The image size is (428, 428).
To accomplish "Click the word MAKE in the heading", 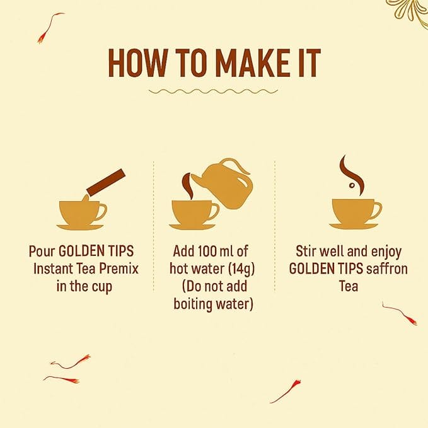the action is [x=252, y=63].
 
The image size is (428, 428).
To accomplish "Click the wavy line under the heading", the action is [x=213, y=91].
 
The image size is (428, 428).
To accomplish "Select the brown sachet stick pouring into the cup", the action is [x=106, y=182].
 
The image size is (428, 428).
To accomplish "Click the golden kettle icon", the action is [x=224, y=183].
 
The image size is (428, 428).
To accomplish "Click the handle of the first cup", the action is [x=102, y=212].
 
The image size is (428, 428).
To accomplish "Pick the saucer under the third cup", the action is [x=354, y=226].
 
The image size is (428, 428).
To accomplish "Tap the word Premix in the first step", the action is [x=119, y=269].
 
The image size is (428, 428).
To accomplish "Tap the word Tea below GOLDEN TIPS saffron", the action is [x=349, y=286].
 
